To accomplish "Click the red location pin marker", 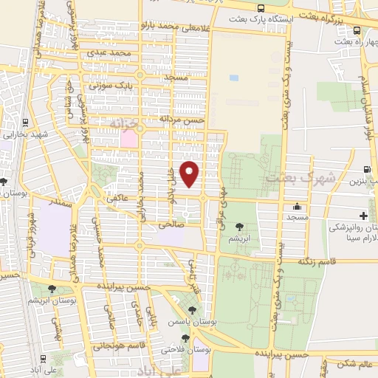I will click(190, 173).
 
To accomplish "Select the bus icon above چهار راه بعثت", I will click(357, 30).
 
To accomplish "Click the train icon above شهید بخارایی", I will click(27, 123).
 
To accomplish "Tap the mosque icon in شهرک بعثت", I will click(298, 207).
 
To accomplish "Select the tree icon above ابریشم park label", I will click(238, 227).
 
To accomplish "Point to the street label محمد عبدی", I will click(110, 53).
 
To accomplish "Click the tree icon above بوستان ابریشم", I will click(52, 289).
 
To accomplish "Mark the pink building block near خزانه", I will click(129, 138).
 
